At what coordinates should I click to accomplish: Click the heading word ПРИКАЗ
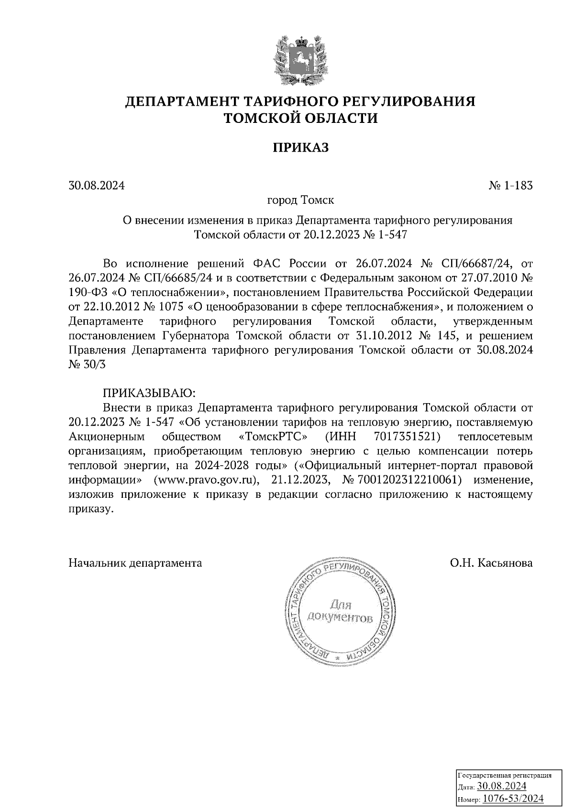click(301, 148)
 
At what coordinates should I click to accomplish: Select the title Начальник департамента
click(135, 563)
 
